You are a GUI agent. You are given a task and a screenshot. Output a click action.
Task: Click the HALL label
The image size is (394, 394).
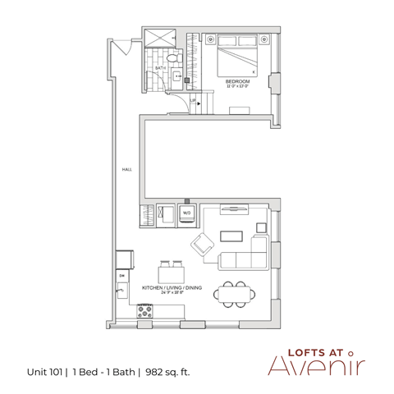(127, 170)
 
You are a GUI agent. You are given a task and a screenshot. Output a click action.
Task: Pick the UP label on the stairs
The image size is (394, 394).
(192, 100)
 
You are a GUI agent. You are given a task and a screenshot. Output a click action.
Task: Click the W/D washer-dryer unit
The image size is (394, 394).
(186, 213)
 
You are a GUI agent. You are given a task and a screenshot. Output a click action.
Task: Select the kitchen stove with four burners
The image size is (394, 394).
(147, 311)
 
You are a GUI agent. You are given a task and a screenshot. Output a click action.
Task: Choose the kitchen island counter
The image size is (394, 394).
(172, 276)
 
